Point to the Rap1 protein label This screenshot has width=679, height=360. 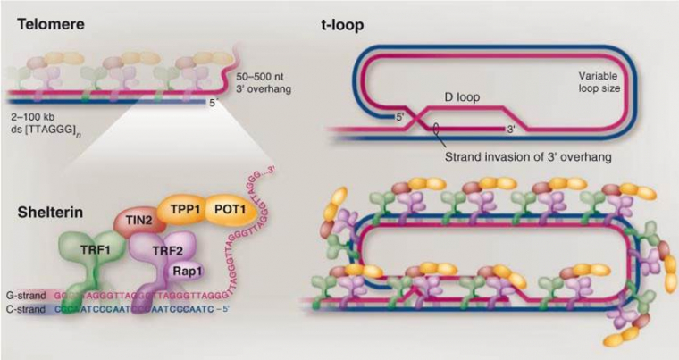181,273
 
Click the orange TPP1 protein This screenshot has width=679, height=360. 180,211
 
